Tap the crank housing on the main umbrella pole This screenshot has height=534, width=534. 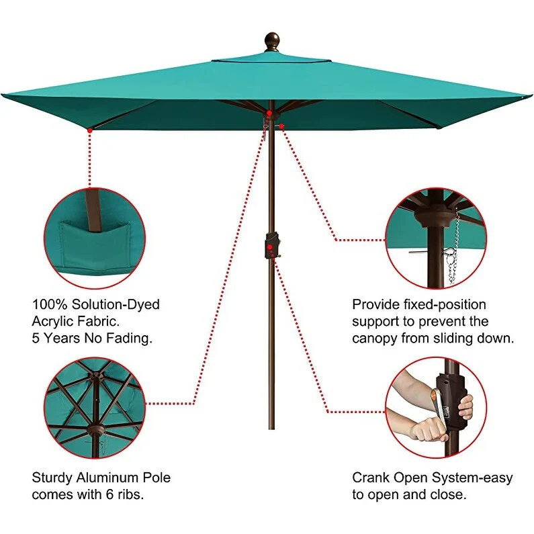271,246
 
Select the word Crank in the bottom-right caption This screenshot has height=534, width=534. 371,478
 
